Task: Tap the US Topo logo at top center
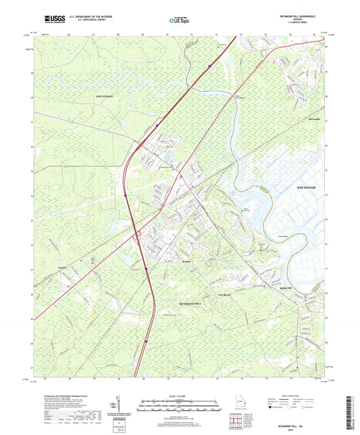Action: click(180, 21)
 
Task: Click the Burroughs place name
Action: click(315, 117)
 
